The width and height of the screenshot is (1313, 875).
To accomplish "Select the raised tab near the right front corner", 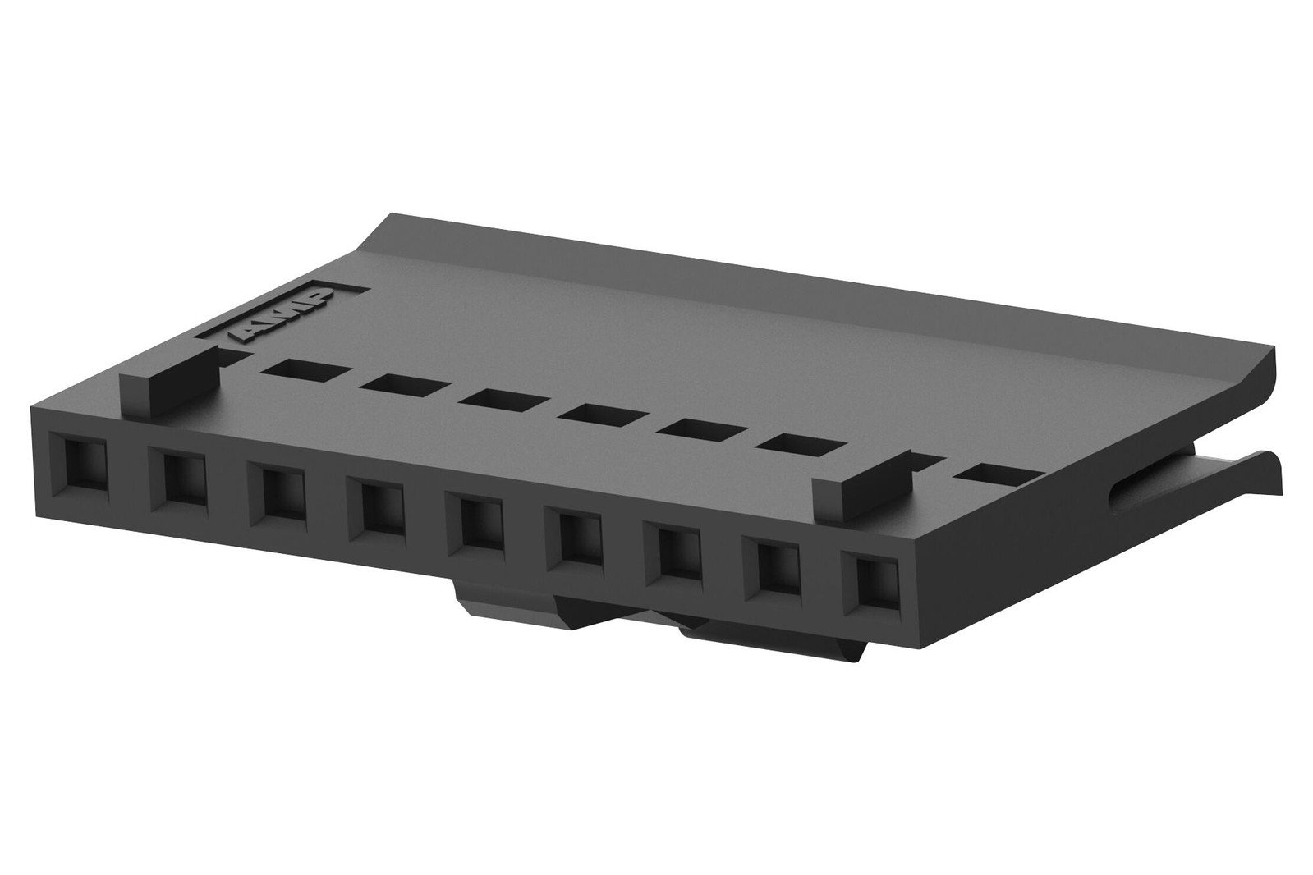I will [863, 488].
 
